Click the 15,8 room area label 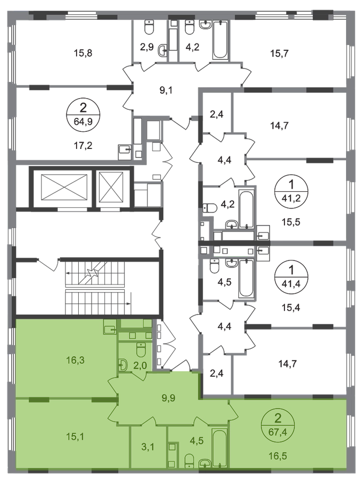click(83, 53)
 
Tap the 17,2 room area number click(83, 145)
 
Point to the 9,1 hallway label click(166, 91)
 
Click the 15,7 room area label click(279, 53)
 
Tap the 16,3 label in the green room click(76, 360)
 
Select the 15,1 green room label click(76, 436)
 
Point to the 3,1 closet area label click(148, 447)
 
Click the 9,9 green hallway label click(168, 398)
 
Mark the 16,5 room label click(278, 456)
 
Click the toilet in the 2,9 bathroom click(149, 27)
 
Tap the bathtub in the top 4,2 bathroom click(221, 39)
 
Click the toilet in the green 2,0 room click(141, 350)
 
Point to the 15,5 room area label click(291, 222)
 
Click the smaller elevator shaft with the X click(111, 187)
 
